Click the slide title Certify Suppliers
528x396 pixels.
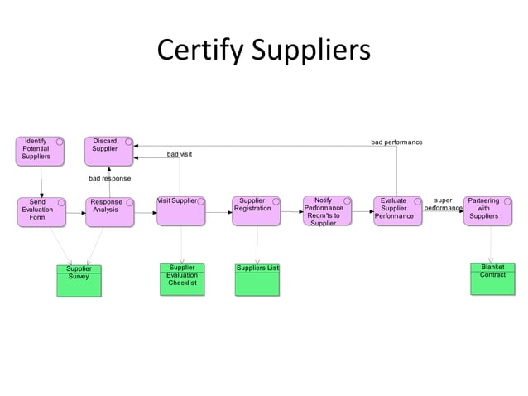click(264, 51)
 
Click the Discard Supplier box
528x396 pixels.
click(108, 151)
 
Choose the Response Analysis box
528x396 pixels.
click(109, 211)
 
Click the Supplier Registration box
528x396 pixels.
click(256, 210)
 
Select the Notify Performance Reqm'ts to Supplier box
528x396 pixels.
click(327, 210)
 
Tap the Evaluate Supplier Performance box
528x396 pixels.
click(397, 210)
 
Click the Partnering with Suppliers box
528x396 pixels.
click(487, 210)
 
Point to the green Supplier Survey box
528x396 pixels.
click(79, 281)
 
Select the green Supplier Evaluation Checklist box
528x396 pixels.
click(182, 279)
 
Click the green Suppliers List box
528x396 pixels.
click(257, 279)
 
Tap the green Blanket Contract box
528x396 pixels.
click(492, 279)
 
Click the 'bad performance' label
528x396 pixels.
click(396, 142)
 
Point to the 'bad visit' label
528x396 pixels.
click(180, 154)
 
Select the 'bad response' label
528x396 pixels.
click(109, 178)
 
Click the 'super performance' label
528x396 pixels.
click(443, 204)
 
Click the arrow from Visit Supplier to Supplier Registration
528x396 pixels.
click(218, 212)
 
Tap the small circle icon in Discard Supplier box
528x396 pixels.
click(128, 142)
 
